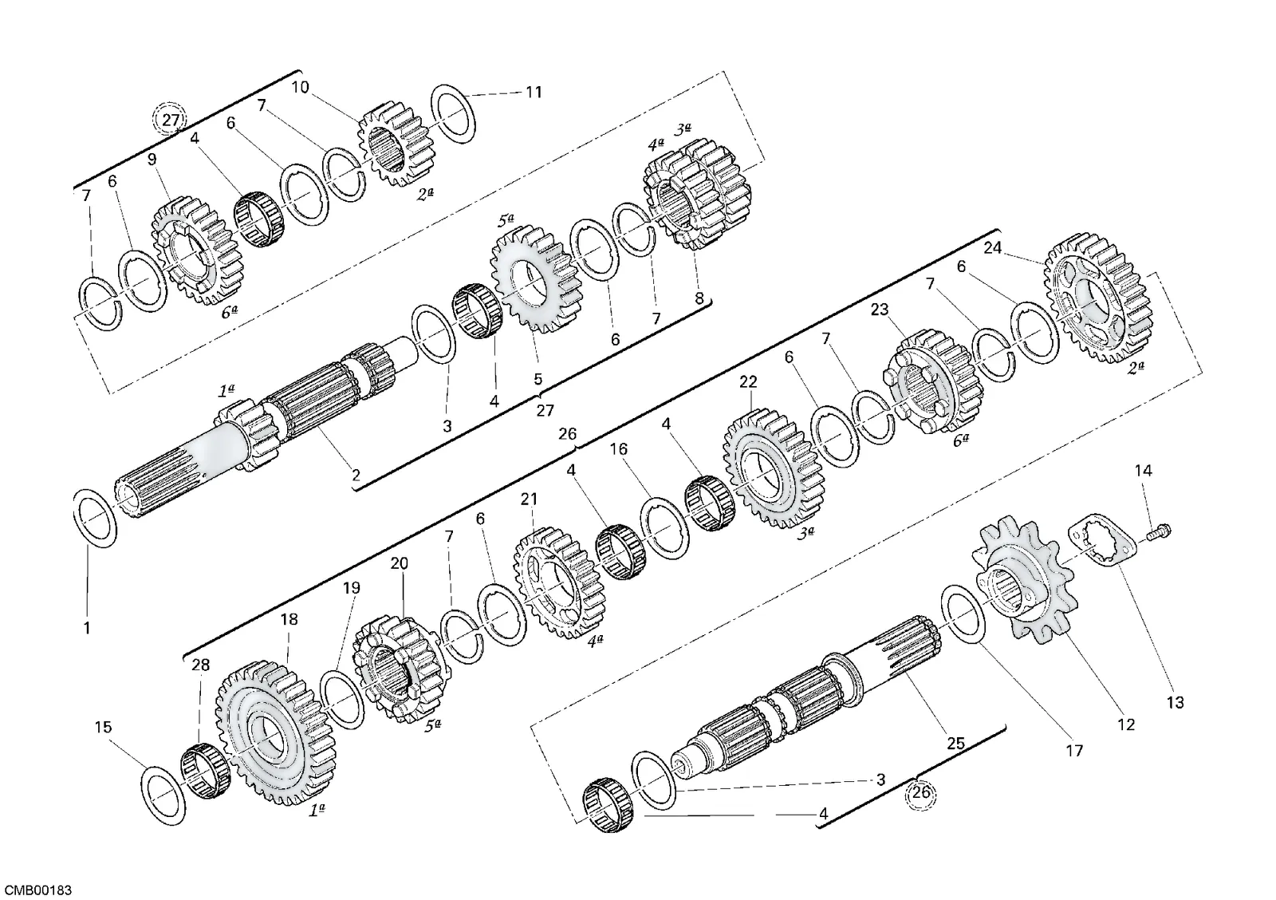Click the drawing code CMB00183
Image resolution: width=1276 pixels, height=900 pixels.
tap(39, 890)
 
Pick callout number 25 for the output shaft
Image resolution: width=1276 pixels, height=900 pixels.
tap(955, 744)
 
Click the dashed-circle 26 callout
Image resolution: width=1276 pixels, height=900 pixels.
tap(921, 793)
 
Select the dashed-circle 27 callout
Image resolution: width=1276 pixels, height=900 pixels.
tap(171, 120)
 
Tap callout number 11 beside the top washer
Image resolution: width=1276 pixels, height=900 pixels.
tap(534, 92)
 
